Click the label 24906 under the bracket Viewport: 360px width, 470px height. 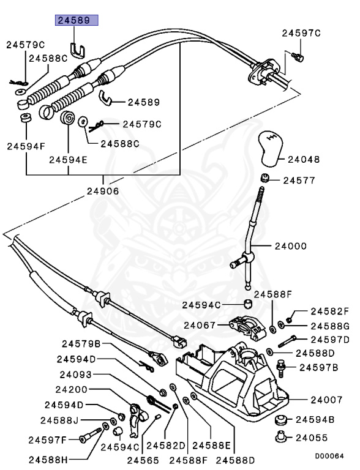[x=102, y=191]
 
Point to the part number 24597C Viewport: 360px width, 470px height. [x=301, y=33]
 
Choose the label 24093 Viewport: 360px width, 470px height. [x=77, y=375]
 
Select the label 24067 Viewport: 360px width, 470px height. [x=199, y=325]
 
